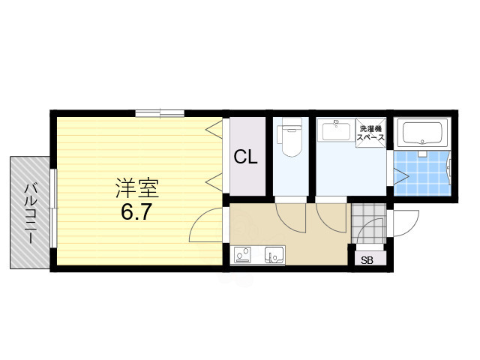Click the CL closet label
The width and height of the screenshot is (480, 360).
(x=246, y=157)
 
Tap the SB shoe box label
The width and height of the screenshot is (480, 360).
(x=367, y=260)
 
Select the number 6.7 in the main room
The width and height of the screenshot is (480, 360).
(x=136, y=211)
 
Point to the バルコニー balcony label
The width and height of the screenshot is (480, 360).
(x=30, y=211)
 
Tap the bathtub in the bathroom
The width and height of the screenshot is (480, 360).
(x=424, y=134)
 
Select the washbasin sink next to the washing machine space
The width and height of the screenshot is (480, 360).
(x=334, y=133)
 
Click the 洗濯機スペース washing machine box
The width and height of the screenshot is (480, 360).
(x=371, y=133)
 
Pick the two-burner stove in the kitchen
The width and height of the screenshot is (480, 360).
(x=243, y=256)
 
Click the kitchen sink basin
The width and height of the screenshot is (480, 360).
(x=274, y=256)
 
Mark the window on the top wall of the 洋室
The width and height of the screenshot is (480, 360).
(x=160, y=113)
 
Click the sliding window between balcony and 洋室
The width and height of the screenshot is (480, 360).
(x=52, y=208)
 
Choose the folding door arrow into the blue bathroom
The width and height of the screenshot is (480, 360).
(x=400, y=177)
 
